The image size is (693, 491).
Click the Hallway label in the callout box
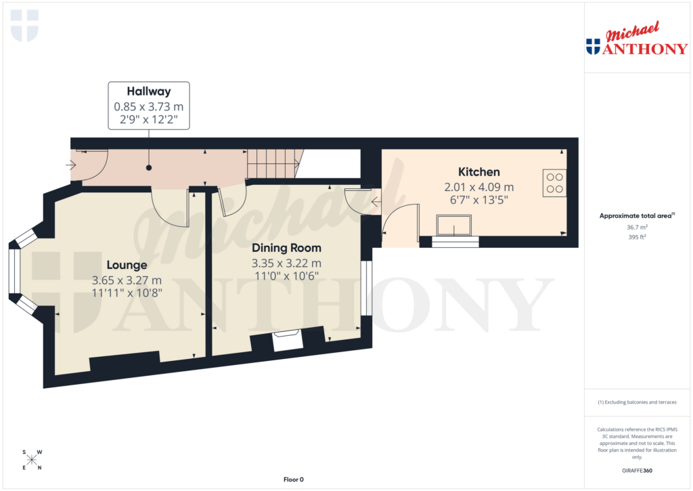(x=149, y=91)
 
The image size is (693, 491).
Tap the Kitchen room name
(x=479, y=172)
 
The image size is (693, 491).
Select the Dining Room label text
(x=286, y=248)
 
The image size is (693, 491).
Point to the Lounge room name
(x=127, y=265)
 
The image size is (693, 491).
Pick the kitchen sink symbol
(x=454, y=225)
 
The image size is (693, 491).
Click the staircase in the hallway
(x=273, y=164)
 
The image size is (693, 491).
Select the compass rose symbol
(x=32, y=461)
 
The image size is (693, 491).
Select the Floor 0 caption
(x=293, y=479)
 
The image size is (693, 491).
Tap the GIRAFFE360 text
(x=636, y=471)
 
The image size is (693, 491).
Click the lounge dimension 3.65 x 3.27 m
(x=127, y=280)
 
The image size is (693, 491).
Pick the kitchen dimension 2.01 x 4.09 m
(x=479, y=187)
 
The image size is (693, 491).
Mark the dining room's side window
(x=366, y=289)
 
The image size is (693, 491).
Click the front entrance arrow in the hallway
(x=72, y=164)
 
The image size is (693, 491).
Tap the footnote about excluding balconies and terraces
(x=636, y=402)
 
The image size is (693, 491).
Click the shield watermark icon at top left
(x=25, y=25)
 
